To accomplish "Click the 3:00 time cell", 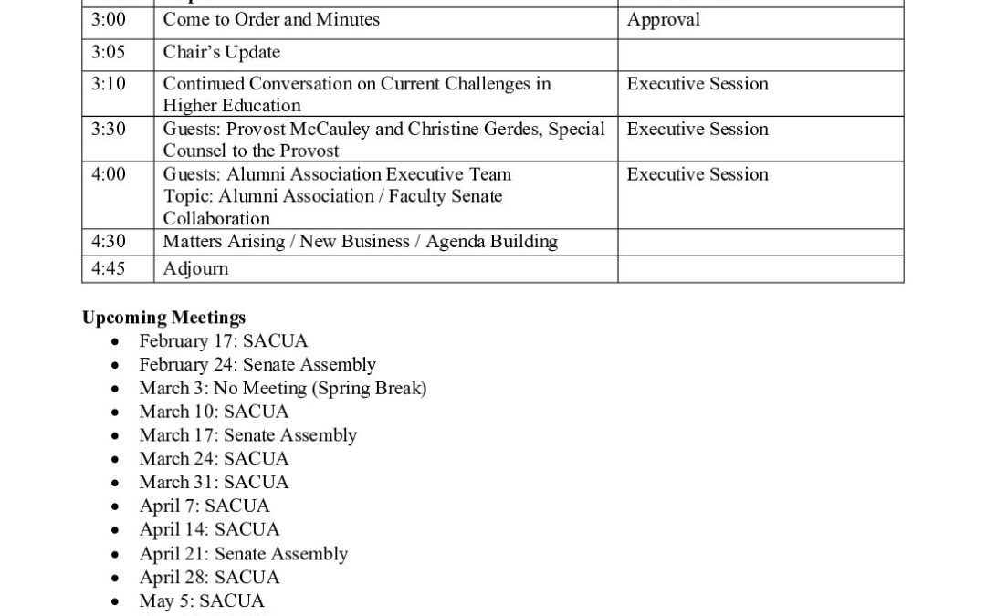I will tap(109, 19).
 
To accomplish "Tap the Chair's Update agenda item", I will tap(221, 52).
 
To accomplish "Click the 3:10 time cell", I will tap(109, 84).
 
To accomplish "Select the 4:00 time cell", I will tap(109, 174).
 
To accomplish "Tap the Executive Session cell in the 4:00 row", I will tap(698, 174).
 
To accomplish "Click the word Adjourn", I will tap(195, 269).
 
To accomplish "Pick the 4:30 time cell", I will tap(109, 242).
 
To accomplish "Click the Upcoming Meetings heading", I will tap(163, 318).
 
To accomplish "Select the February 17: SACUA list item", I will tap(223, 341).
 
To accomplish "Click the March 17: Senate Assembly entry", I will tap(247, 435).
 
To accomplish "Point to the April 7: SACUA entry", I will tap(204, 506).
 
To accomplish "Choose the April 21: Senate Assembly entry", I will tap(243, 553).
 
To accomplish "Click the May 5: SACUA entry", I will tap(201, 600).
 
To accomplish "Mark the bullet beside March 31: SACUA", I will tap(114, 483).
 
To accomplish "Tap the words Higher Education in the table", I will tap(232, 106).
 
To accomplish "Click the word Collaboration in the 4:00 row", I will tap(216, 219).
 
